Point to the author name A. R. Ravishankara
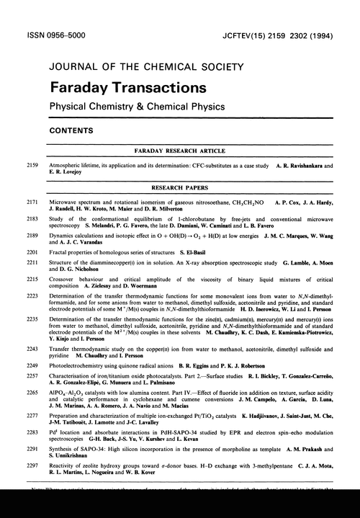302,166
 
